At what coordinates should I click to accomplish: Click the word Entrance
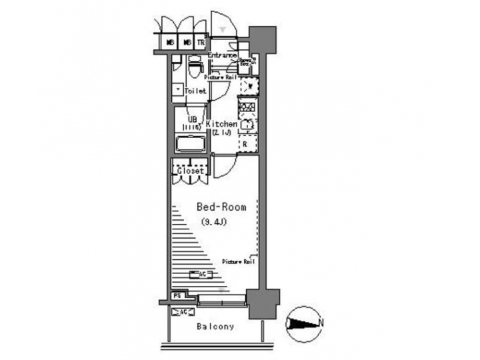[x=222, y=55]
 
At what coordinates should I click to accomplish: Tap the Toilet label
[x=195, y=91]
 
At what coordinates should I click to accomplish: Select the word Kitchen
[x=221, y=124]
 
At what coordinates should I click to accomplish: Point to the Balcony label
[x=215, y=327]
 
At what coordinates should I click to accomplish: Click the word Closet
[x=190, y=171]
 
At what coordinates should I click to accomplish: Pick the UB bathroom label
[x=191, y=119]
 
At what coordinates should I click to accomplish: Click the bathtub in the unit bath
[x=191, y=144]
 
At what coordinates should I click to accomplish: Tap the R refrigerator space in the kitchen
[x=246, y=143]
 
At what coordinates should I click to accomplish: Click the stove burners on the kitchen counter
[x=247, y=106]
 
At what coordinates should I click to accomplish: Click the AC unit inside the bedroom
[x=201, y=273]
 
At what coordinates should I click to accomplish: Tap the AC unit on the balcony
[x=181, y=311]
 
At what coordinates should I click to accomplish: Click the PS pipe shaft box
[x=177, y=295]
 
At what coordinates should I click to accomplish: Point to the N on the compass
[x=322, y=323]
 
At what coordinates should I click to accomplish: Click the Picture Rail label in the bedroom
[x=238, y=261]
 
